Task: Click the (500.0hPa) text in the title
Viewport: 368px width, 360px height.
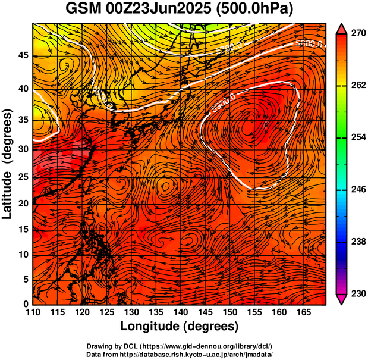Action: click(x=259, y=9)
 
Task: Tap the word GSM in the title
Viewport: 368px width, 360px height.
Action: click(x=83, y=9)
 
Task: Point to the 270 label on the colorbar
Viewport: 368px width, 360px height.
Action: click(x=358, y=34)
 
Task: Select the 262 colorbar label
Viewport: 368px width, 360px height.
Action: click(x=358, y=86)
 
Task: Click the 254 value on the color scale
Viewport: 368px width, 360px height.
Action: click(x=358, y=137)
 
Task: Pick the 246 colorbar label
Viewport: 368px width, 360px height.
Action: click(x=358, y=189)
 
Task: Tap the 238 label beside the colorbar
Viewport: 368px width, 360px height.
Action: click(x=358, y=242)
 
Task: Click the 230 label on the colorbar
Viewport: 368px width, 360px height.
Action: click(x=358, y=293)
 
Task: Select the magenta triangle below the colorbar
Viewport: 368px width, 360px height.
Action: click(x=342, y=299)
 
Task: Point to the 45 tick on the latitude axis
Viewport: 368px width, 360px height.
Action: click(x=23, y=56)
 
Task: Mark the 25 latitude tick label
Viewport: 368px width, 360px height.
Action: click(x=23, y=177)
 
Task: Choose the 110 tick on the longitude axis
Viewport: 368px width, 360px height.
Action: click(x=33, y=312)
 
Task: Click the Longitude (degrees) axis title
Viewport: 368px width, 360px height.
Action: click(x=179, y=327)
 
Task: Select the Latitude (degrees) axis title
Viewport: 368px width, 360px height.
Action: click(x=8, y=164)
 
